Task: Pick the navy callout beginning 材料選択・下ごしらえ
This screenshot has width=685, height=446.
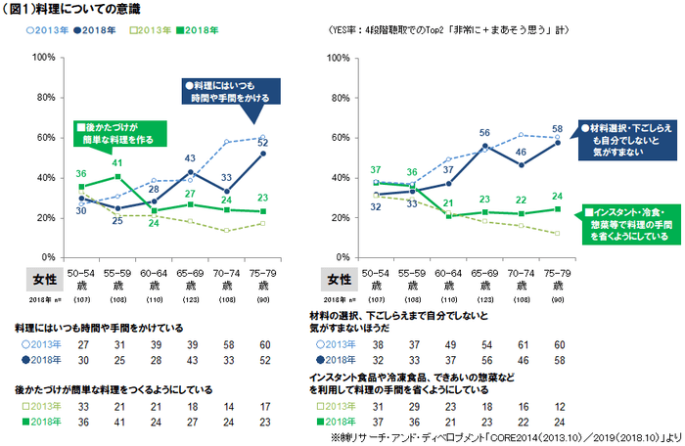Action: pyautogui.click(x=625, y=140)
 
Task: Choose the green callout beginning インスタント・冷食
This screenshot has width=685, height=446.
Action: pyautogui.click(x=627, y=223)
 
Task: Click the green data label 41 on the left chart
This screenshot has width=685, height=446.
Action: pyautogui.click(x=116, y=163)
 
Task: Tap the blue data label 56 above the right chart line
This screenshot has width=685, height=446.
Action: pyautogui.click(x=484, y=132)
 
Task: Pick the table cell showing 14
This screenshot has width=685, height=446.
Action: pyautogui.click(x=227, y=406)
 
